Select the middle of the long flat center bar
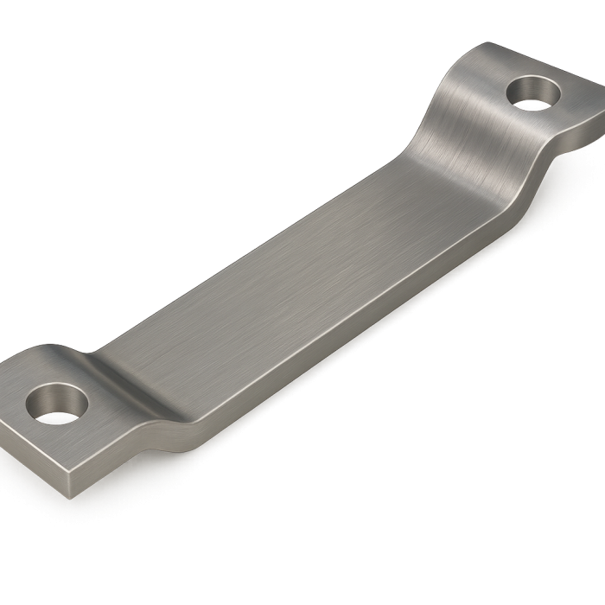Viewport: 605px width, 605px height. pos(294,259)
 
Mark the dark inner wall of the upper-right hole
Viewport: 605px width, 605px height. pos(529,86)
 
